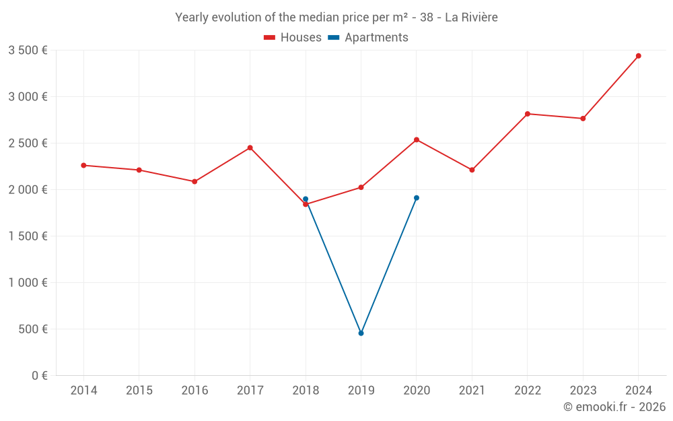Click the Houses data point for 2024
(638, 56)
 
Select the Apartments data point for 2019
(361, 333)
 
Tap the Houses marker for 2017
(250, 148)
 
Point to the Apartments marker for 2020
(417, 198)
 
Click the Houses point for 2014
(83, 165)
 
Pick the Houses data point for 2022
(527, 114)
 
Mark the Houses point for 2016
(194, 181)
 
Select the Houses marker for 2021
(472, 170)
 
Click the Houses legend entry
(293, 38)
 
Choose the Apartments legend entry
(368, 38)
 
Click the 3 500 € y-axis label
(28, 50)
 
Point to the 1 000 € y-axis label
(28, 283)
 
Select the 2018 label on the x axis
(306, 391)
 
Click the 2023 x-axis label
(583, 391)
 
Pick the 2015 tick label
(139, 391)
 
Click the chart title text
(336, 18)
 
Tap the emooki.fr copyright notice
(614, 407)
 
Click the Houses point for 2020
(417, 139)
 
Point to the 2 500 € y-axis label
(28, 143)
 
